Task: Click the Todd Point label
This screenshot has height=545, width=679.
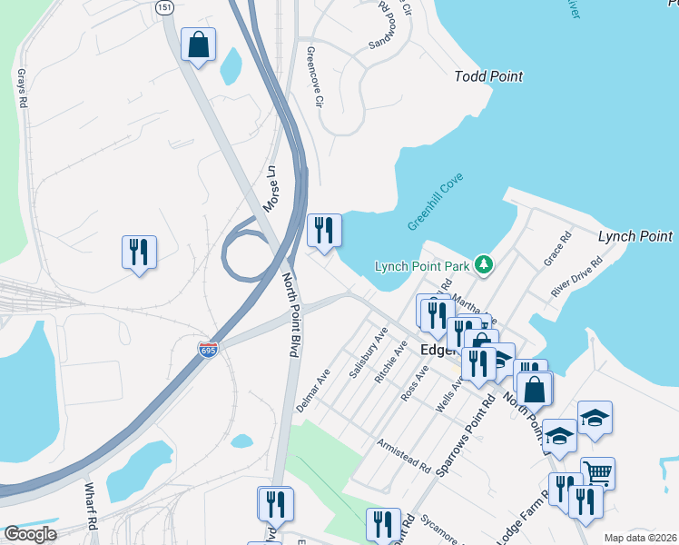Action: pyautogui.click(x=488, y=76)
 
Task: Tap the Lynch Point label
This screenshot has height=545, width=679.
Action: pyautogui.click(x=635, y=236)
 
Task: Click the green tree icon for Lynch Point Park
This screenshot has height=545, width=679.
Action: pyautogui.click(x=485, y=264)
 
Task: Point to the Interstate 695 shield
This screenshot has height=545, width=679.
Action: pyautogui.click(x=209, y=349)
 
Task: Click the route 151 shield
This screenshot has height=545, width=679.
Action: pyautogui.click(x=163, y=7)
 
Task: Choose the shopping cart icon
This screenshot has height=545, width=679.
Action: pyautogui.click(x=597, y=472)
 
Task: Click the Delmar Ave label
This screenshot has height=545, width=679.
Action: pyautogui.click(x=312, y=388)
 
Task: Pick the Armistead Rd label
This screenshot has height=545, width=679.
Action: pyautogui.click(x=404, y=456)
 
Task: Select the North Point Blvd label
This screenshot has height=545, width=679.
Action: pyautogui.click(x=290, y=315)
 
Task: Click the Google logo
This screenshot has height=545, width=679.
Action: pyautogui.click(x=30, y=533)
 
